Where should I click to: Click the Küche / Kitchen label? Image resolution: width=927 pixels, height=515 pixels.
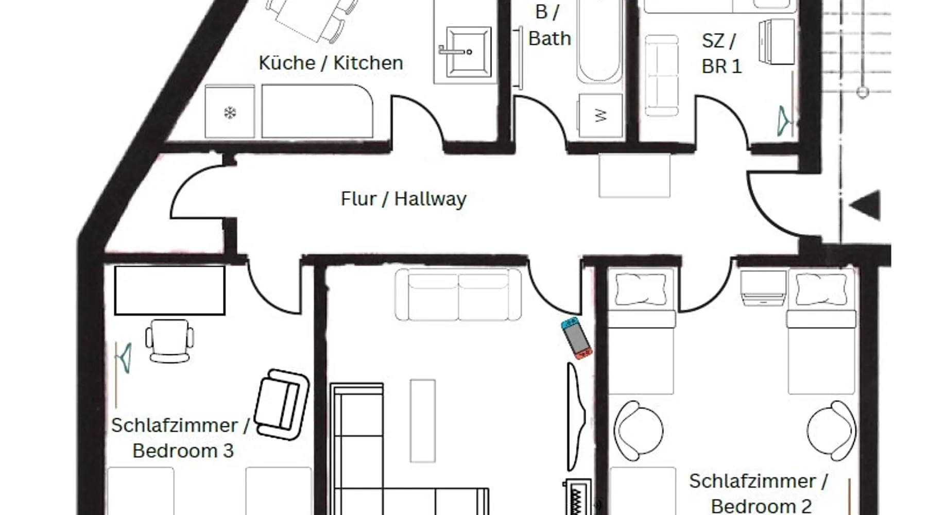(331, 63)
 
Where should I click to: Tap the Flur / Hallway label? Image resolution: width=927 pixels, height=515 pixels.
(403, 199)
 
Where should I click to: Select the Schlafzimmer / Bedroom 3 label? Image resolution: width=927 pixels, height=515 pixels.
(181, 438)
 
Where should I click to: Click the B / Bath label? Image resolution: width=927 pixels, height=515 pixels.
(550, 25)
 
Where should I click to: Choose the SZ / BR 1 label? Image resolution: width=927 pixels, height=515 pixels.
(722, 53)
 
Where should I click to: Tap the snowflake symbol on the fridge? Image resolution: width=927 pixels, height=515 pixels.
(230, 112)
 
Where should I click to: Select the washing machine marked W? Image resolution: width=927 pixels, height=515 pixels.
(600, 115)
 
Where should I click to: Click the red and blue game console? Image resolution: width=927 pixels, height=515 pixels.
(576, 338)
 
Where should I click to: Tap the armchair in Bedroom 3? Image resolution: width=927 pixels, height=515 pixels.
(282, 404)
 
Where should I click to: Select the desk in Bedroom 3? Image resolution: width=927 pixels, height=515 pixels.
(169, 290)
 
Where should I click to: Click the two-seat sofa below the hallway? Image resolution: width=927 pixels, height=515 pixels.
(458, 295)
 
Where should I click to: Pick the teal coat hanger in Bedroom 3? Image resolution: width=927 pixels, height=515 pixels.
(124, 358)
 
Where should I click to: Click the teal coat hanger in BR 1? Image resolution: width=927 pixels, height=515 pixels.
(784, 122)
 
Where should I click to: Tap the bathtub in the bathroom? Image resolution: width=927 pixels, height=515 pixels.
(598, 41)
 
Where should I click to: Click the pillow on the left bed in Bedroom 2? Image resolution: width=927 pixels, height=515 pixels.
(641, 289)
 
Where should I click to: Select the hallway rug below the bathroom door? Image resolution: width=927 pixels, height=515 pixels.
(634, 176)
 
